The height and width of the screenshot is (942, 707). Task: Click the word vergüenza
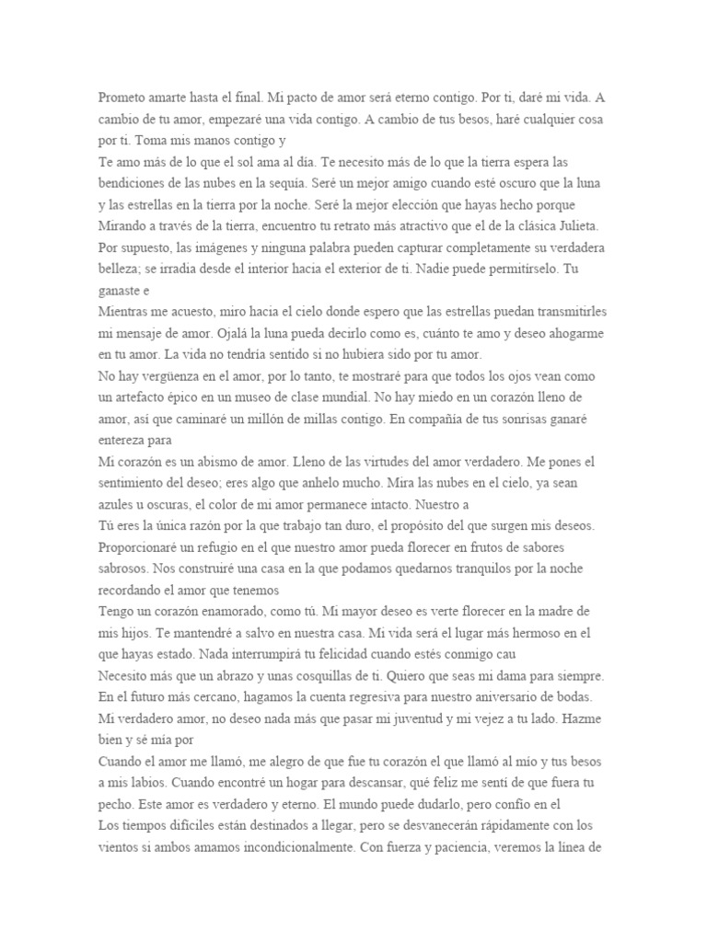pos(181,378)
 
